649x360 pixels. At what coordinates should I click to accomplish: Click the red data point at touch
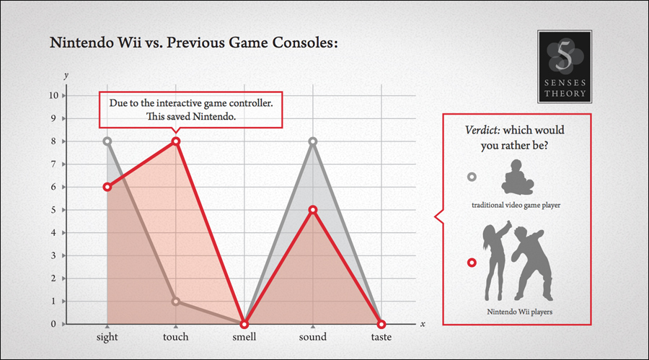tap(175, 141)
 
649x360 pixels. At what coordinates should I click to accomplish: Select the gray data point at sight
tap(107, 141)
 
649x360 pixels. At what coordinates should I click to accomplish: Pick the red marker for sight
tap(107, 187)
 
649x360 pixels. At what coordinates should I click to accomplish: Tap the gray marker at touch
tap(175, 302)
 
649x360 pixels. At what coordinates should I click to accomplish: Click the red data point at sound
tap(312, 210)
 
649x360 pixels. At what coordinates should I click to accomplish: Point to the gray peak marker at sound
tap(312, 141)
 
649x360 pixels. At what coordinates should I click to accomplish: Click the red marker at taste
tap(381, 324)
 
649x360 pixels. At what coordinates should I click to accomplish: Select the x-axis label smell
tap(244, 337)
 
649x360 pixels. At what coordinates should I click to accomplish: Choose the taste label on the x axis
tap(381, 337)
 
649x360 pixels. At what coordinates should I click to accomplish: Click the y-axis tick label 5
tap(56, 210)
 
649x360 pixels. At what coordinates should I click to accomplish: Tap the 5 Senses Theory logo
tap(565, 66)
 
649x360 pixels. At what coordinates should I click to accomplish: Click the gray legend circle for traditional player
tap(472, 177)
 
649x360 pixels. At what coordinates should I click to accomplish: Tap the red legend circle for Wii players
tap(472, 263)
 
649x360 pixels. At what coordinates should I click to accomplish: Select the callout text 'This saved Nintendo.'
tap(192, 116)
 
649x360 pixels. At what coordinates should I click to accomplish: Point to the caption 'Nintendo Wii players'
tap(516, 312)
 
